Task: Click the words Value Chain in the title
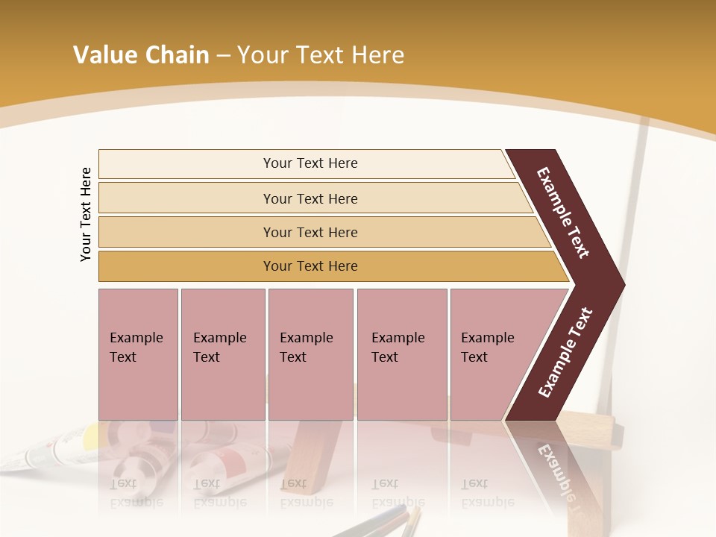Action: pyautogui.click(x=141, y=55)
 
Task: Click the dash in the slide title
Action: pyautogui.click(x=223, y=56)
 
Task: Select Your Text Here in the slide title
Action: pyautogui.click(x=321, y=56)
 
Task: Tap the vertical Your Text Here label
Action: pyautogui.click(x=86, y=214)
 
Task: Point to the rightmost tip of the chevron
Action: pyautogui.click(x=623, y=284)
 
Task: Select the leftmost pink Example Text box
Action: pyautogui.click(x=138, y=354)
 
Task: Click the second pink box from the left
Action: pyautogui.click(x=222, y=354)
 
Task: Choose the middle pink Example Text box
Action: pyautogui.click(x=310, y=354)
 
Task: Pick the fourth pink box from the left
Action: pyautogui.click(x=402, y=354)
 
